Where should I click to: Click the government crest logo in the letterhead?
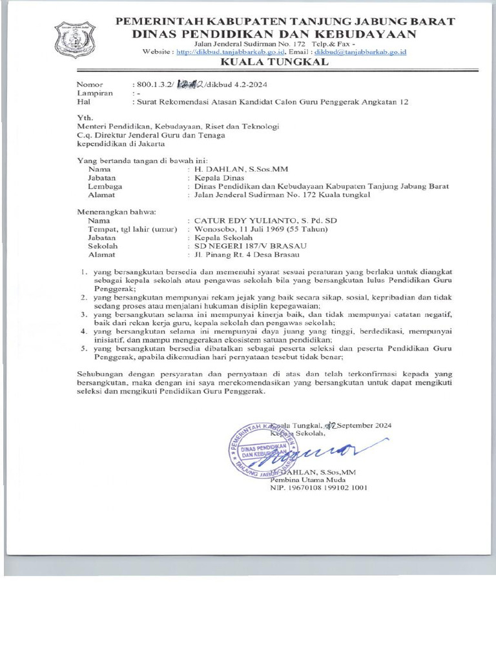click(x=75, y=40)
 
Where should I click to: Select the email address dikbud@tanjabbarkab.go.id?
click(x=364, y=52)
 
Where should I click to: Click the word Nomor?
click(x=90, y=85)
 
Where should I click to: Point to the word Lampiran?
click(x=95, y=93)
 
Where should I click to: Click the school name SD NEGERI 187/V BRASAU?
click(x=246, y=246)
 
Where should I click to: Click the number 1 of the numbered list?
click(x=83, y=272)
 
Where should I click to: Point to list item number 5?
click(x=83, y=347)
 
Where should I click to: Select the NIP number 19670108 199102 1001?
click(x=319, y=488)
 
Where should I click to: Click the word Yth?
click(x=85, y=118)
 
